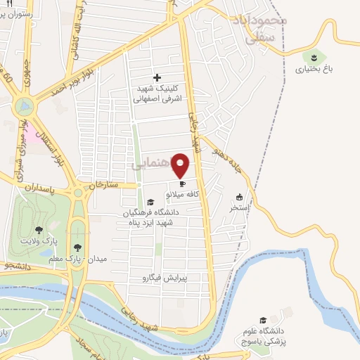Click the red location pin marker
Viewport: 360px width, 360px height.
pos(181,165)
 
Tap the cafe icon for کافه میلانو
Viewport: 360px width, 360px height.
pos(181,184)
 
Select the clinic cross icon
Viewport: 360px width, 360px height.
pos(156,77)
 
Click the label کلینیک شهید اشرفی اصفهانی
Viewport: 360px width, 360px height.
pos(158,95)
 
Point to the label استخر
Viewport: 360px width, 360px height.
pos(239,208)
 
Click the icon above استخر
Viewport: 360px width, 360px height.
pos(239,197)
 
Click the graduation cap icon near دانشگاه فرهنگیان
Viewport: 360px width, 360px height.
pos(149,201)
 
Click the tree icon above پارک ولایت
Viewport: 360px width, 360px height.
pos(39,229)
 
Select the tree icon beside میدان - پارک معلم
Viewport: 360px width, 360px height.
pos(77,247)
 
